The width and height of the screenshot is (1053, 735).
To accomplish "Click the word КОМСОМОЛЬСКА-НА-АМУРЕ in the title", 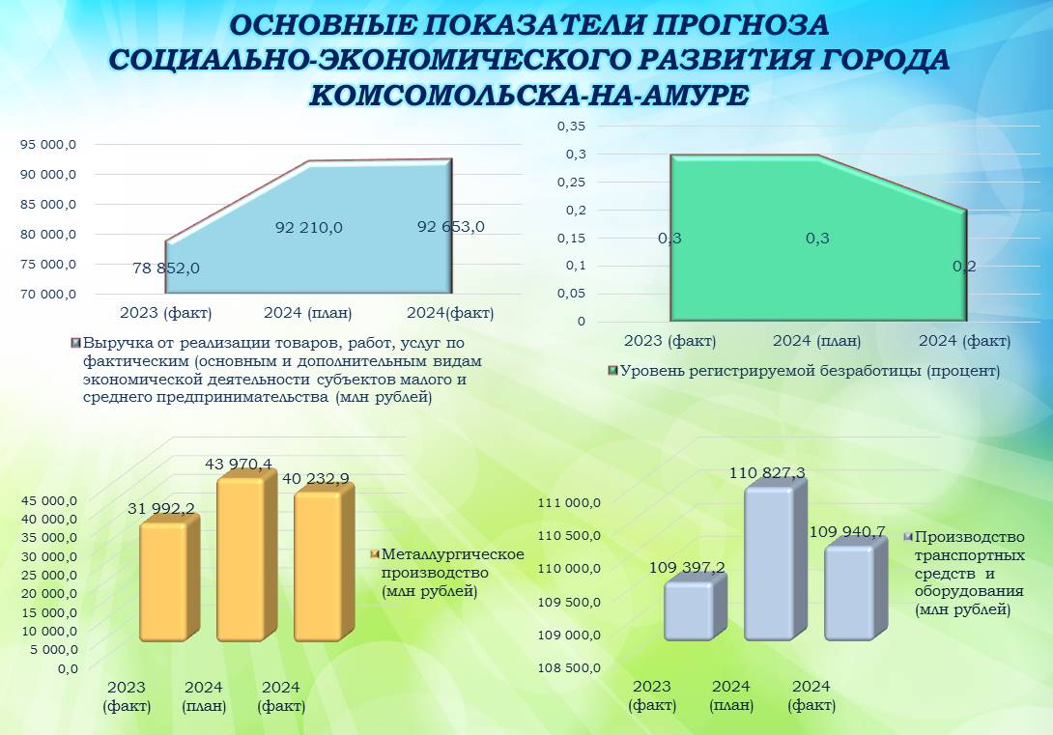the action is point(528,96).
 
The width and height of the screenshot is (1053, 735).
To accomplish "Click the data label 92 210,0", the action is point(308,228).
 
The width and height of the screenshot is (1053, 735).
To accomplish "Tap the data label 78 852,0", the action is point(166,268).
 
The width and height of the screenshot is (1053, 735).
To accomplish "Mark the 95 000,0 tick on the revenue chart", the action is point(47,144).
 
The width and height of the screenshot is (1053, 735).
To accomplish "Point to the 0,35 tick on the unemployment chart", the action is point(572,127).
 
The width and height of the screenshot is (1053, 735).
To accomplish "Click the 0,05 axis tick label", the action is point(572,294).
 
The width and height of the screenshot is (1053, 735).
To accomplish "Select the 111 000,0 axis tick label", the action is point(569,503).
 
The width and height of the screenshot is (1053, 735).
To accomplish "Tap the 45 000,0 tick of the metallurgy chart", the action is point(49,500).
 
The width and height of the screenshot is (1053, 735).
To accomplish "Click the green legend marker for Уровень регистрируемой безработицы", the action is point(612,371).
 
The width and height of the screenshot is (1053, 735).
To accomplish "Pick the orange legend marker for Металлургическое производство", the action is point(375,553).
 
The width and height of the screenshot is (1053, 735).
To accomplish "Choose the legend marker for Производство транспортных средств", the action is point(909,536).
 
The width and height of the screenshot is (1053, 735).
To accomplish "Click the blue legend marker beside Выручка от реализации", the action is point(76,342).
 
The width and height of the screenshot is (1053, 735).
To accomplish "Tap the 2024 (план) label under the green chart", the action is point(816,341).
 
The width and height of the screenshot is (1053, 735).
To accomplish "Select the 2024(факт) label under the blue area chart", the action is point(450,313).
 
